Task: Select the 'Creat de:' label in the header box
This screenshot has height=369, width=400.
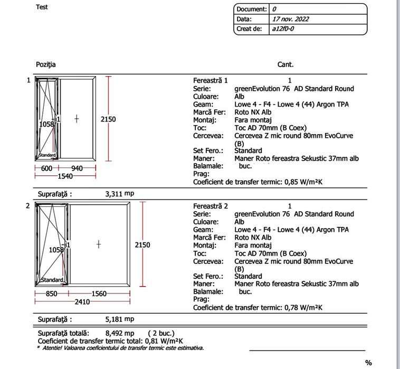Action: [249, 29]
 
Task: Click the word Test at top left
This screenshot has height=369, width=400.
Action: [42, 7]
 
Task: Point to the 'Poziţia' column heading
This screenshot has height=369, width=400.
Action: [45, 64]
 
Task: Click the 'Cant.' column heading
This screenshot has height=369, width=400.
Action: [285, 64]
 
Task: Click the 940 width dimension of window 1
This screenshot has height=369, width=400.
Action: [77, 168]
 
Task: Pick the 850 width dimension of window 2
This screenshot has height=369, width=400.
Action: [52, 294]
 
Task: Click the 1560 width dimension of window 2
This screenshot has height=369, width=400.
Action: [100, 294]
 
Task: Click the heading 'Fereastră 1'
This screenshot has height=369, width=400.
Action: [210, 81]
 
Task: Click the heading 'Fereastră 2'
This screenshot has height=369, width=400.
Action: [210, 206]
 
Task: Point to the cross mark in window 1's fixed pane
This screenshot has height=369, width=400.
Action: [77, 119]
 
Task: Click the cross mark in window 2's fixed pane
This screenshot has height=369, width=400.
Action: [99, 244]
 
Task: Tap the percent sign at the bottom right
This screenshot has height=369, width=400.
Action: [368, 363]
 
